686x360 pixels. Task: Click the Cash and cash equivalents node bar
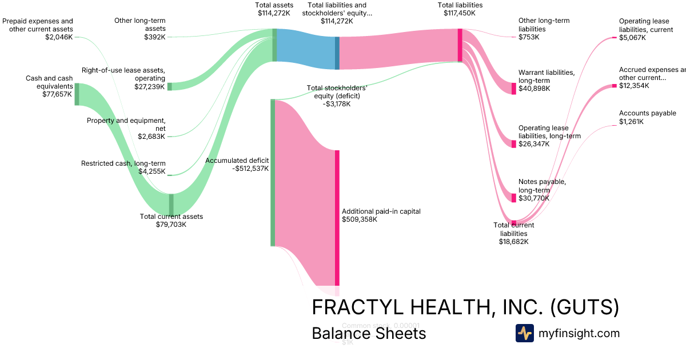(x=77, y=94)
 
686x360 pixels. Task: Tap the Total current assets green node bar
(x=171, y=204)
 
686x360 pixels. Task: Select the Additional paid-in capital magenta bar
(x=337, y=217)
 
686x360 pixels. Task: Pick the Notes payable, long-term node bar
(x=514, y=198)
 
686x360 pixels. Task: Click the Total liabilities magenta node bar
(x=460, y=45)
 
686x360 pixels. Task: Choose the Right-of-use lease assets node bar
(x=169, y=86)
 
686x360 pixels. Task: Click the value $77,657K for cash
(x=58, y=94)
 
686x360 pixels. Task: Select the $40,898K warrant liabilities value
(x=534, y=89)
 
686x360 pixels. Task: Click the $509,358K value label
(x=360, y=219)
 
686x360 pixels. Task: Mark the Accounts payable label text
(x=647, y=114)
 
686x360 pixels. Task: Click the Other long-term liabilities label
(x=544, y=25)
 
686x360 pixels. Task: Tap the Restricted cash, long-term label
(x=123, y=163)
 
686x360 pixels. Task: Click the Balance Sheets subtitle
(x=369, y=333)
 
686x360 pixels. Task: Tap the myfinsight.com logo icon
(x=524, y=333)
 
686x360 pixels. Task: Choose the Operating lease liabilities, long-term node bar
(x=514, y=144)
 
